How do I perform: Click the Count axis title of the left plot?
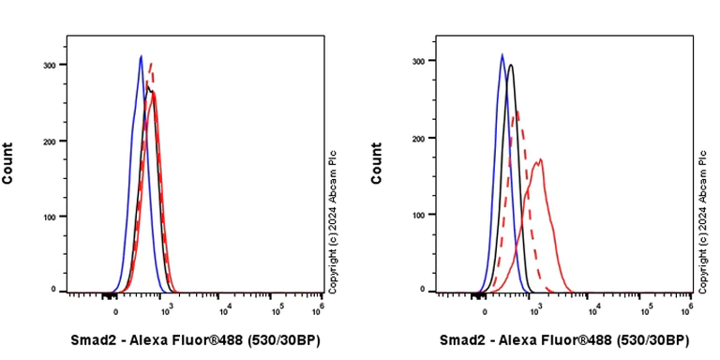click(8, 162)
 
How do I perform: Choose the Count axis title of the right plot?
click(377, 162)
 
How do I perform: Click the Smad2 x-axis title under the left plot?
click(195, 340)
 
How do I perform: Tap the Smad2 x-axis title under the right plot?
click(564, 340)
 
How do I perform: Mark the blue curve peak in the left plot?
click(141, 56)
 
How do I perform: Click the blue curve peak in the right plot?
click(502, 54)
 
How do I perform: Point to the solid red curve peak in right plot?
click(540, 159)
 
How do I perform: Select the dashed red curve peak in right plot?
click(517, 112)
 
